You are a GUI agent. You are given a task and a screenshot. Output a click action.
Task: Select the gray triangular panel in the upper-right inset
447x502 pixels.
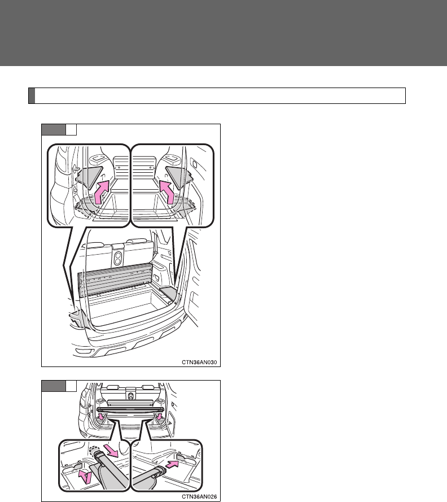(179, 176)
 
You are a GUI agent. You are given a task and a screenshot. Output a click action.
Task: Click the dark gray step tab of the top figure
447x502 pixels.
(54, 130)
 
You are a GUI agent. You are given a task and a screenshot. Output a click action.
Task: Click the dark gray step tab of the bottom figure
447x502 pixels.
(54, 386)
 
